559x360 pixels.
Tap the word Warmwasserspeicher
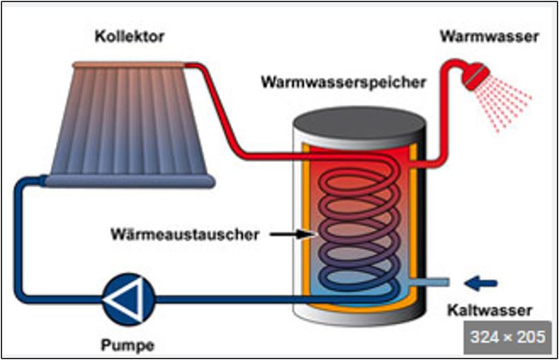[x=343, y=82]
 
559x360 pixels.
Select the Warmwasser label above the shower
[x=488, y=37]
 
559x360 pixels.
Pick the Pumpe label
[x=126, y=344]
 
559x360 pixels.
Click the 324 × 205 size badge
[x=506, y=338]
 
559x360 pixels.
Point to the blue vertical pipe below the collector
[x=19, y=235]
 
